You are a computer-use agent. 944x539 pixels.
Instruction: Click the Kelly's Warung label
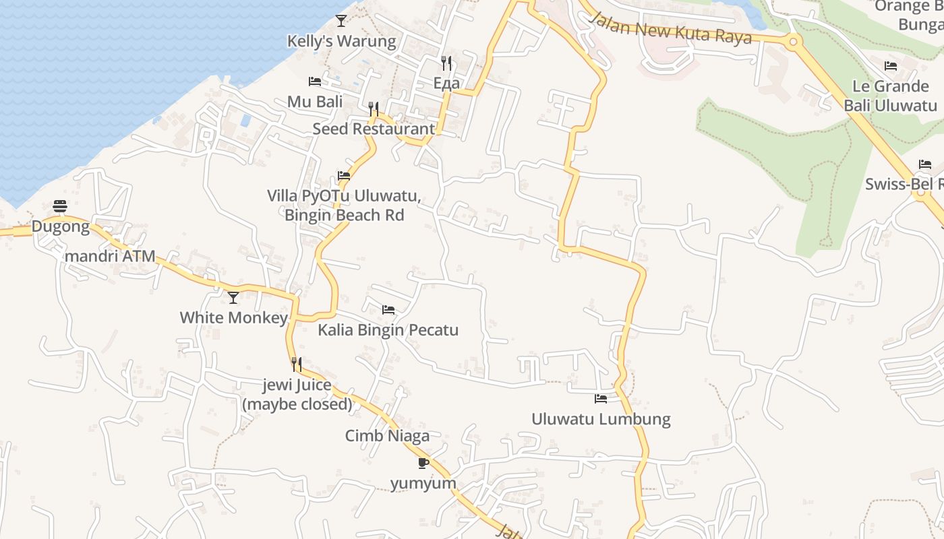coord(342,41)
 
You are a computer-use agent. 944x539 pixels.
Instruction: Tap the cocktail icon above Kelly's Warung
coord(341,21)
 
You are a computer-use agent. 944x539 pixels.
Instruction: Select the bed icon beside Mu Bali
coord(315,82)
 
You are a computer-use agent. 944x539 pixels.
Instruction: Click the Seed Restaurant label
coord(374,129)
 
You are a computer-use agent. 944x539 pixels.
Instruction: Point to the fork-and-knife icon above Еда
coord(446,63)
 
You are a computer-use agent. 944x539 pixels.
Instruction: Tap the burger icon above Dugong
coord(60,206)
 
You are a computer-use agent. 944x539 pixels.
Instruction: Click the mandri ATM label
coord(110,256)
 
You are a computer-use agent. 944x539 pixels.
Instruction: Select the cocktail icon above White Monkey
coord(233,297)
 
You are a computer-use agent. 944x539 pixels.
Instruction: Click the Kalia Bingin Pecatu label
coord(388,330)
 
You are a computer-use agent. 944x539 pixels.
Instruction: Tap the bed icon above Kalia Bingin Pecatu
coord(388,310)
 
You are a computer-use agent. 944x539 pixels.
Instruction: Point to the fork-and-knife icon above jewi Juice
coord(297,364)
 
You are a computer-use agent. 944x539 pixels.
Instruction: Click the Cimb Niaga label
coord(387,436)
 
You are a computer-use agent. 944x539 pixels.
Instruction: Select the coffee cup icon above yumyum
coord(423,463)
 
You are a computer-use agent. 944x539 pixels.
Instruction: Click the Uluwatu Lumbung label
coord(601,419)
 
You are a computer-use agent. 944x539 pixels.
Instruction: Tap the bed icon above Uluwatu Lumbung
coord(601,399)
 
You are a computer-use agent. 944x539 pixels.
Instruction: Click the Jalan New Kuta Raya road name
coord(670,27)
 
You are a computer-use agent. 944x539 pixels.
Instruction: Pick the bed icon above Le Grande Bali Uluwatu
coord(891,66)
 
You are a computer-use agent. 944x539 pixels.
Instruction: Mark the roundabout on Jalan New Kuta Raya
coord(793,42)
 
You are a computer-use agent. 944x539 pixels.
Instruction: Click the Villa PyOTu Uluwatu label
coord(344,205)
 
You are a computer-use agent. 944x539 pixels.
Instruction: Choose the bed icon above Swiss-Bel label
coord(925,164)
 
